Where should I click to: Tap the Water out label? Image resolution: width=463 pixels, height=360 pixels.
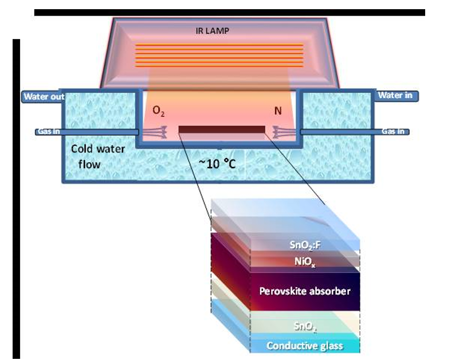(x=44, y=97)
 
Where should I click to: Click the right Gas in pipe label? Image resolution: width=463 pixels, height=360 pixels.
(x=393, y=131)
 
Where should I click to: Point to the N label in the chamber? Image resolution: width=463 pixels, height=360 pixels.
(x=278, y=110)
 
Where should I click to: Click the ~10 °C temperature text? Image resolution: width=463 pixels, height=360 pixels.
(x=219, y=163)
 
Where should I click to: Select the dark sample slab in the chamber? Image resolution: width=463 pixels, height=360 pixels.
(x=222, y=129)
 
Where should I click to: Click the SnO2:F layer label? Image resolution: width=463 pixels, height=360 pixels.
(x=308, y=246)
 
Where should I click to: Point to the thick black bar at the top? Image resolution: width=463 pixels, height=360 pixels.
(x=229, y=12)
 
